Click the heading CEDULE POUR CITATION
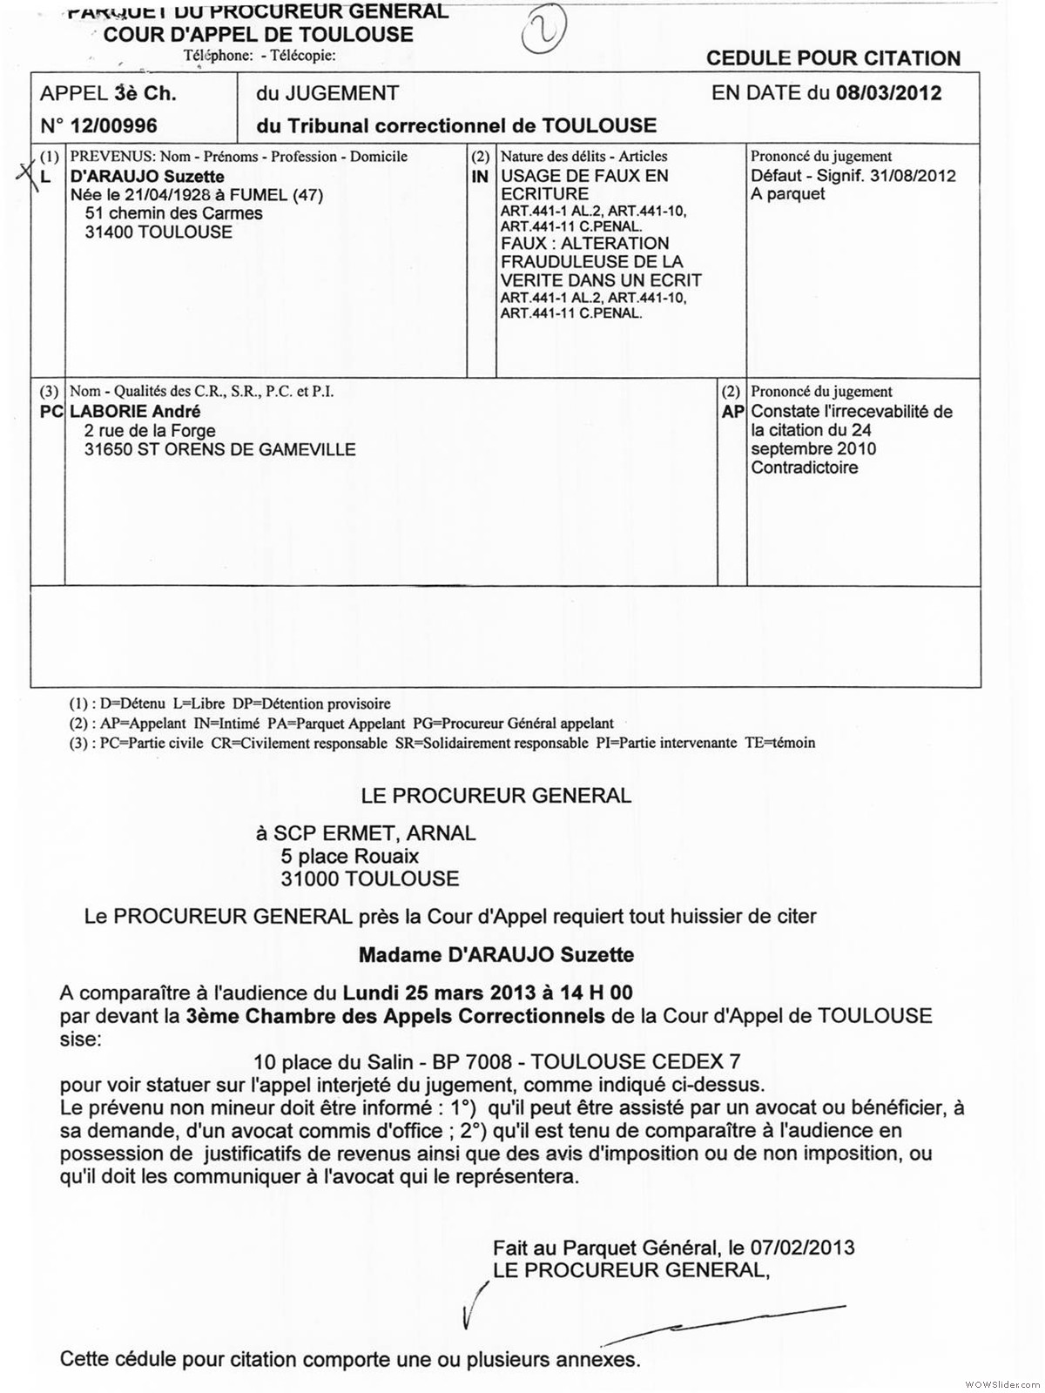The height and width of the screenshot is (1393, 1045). click(833, 58)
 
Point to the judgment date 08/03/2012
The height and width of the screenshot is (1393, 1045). click(888, 93)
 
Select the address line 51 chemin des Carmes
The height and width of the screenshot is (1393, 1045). click(173, 213)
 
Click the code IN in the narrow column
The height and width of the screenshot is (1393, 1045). click(480, 177)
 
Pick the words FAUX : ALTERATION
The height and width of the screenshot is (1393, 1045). click(584, 244)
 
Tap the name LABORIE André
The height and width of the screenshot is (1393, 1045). click(135, 412)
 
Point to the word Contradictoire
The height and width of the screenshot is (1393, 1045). click(804, 468)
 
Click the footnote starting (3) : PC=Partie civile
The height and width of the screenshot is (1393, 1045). click(442, 743)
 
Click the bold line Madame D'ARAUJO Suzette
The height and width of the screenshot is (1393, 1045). click(496, 955)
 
